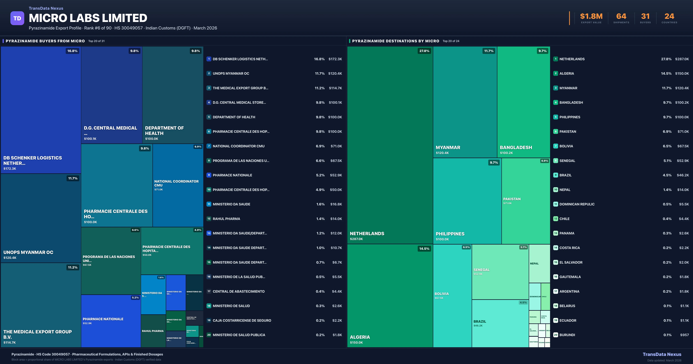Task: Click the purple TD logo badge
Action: pos(17,18)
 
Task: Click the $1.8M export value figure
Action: pos(591,16)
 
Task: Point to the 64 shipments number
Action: pos(621,16)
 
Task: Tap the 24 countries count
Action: pos(669,16)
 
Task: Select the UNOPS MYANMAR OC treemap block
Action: pos(41,218)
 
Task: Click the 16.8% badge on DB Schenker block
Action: pos(72,51)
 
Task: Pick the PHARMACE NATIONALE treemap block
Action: pos(111,321)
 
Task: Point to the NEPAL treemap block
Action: pos(539,264)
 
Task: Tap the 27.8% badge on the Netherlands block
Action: pos(424,51)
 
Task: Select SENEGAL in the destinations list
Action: pos(567,161)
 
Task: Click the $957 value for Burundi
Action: pos(684,335)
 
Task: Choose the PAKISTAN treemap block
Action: pos(526,201)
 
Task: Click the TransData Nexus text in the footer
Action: pos(662,354)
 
